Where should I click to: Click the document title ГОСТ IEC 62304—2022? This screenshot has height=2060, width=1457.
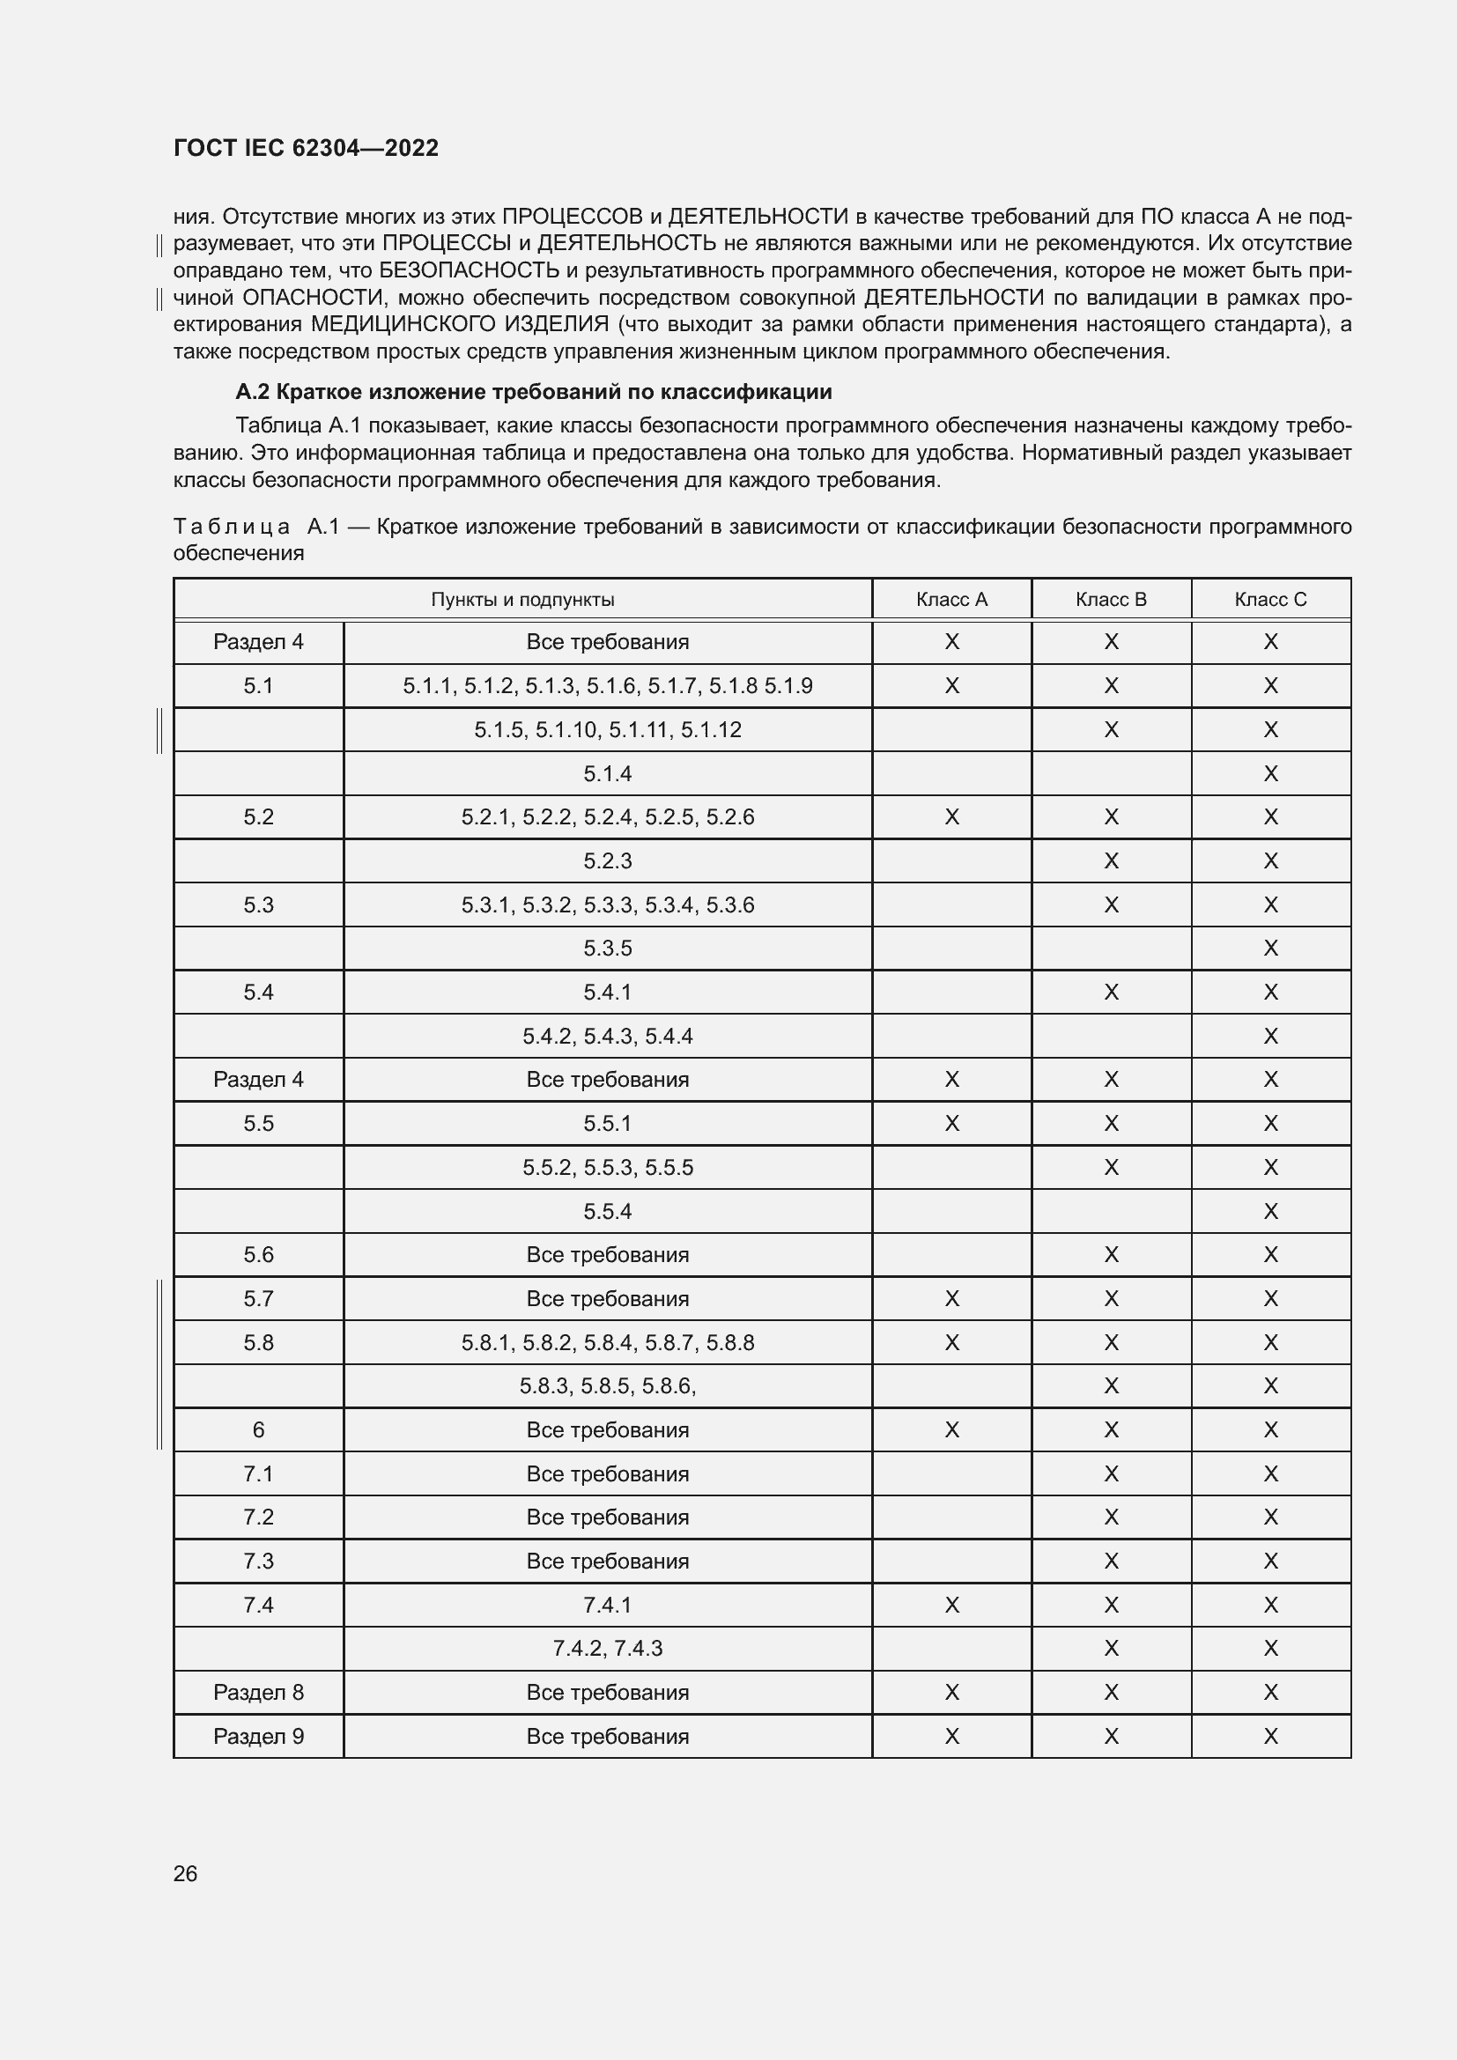tap(306, 148)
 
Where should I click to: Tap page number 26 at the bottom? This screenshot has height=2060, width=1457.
tap(185, 1873)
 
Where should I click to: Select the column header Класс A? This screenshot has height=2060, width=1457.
tap(951, 600)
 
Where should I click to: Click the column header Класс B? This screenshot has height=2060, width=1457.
tap(1111, 600)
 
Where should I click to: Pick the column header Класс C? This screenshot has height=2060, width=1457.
tap(1270, 600)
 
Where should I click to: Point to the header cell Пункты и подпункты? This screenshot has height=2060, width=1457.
tap(522, 600)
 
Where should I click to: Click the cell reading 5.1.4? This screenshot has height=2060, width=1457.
tap(608, 773)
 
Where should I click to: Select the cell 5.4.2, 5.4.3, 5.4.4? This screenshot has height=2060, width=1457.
tap(608, 1037)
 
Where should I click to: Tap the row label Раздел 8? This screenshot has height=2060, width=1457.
tap(258, 1692)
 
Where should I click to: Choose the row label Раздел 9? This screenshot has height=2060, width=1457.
tap(258, 1736)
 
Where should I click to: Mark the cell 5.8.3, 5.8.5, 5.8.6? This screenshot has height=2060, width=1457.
tap(608, 1386)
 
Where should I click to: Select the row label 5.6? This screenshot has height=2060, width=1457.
tap(258, 1254)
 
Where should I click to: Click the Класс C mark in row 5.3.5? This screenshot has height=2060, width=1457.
tap(1270, 949)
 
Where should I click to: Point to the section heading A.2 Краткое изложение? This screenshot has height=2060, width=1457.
tap(534, 392)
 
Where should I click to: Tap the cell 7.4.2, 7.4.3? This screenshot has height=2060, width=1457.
tap(608, 1648)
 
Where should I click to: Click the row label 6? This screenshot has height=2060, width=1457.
tap(258, 1430)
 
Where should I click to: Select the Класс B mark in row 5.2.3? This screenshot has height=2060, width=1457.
tap(1111, 861)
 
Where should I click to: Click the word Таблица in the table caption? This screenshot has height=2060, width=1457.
tap(231, 527)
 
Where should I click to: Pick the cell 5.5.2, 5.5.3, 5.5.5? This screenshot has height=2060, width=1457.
tap(608, 1167)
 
